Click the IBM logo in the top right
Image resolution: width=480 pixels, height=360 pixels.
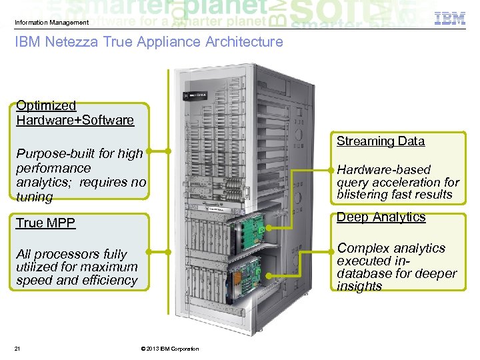450,18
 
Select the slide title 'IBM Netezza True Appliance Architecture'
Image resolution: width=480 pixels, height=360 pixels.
149,42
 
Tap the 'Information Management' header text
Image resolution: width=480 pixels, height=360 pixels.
51,23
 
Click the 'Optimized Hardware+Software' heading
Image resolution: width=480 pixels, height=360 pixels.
75,113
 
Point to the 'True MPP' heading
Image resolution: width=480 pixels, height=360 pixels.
46,223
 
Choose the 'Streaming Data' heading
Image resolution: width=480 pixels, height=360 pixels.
380,141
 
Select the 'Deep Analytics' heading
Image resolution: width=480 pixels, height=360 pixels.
381,217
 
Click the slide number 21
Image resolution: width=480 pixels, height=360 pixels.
18,349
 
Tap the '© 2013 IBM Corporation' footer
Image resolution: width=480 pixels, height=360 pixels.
169,349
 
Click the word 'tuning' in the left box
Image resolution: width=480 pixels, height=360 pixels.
35,197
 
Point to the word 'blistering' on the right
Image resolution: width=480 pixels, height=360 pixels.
365,195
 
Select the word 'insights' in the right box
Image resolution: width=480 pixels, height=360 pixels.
359,286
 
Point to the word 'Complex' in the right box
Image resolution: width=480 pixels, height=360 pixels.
363,248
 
